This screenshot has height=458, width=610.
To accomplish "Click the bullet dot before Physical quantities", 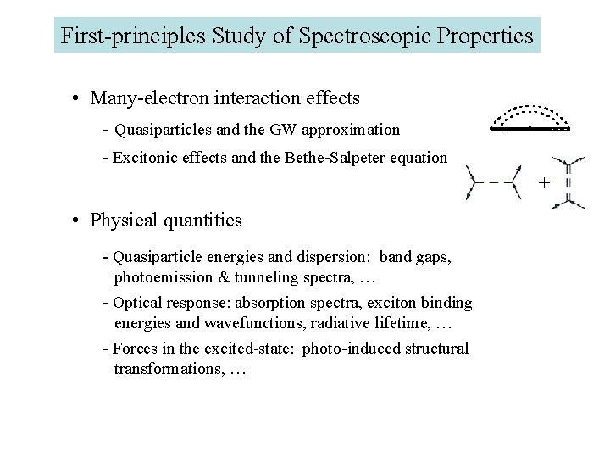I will click(x=76, y=221).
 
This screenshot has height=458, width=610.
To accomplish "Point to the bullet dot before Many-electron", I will click(x=76, y=98).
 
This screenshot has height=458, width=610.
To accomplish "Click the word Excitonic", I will click(x=143, y=157).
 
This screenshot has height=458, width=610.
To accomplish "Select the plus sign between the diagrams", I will click(x=544, y=182).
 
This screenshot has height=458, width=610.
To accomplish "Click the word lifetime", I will click(x=393, y=323).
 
